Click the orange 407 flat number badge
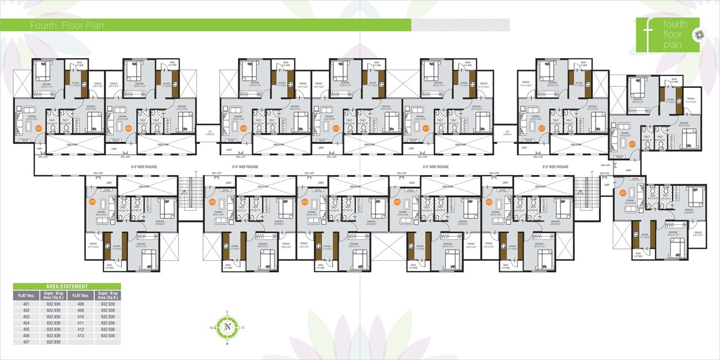click(x=38, y=129)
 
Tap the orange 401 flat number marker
click(x=623, y=192)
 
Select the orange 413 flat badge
click(x=632, y=144)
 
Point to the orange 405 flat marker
click(x=212, y=202)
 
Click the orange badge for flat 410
click(x=336, y=129)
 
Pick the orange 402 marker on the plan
click(x=489, y=202)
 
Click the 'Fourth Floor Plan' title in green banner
click(x=67, y=25)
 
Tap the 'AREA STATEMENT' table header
click(x=67, y=286)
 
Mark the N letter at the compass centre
click(x=228, y=327)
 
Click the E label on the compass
click(x=228, y=313)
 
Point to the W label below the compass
click(x=228, y=343)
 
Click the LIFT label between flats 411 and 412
click(x=506, y=133)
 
